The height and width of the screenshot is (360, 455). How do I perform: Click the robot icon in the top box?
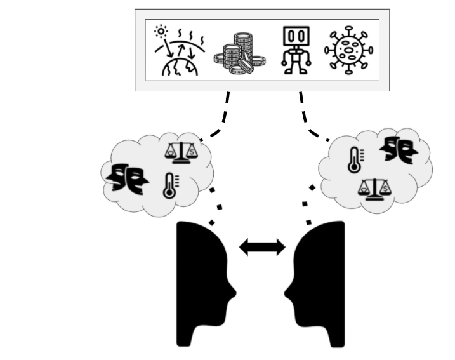point(296,50)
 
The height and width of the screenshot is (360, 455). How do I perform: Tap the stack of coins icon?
point(239,53)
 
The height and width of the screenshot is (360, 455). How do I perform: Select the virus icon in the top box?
point(348,50)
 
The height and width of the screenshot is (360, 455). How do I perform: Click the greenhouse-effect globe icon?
point(179,61)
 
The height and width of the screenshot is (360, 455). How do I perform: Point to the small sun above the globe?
point(161,30)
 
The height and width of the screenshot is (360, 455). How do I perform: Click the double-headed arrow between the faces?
point(262,247)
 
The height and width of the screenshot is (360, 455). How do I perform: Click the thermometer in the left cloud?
point(169,186)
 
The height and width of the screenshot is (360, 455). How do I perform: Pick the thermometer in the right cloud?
point(354,160)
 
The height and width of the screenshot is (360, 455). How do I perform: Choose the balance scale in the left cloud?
point(181,150)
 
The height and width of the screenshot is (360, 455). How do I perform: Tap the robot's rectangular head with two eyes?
point(296,37)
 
